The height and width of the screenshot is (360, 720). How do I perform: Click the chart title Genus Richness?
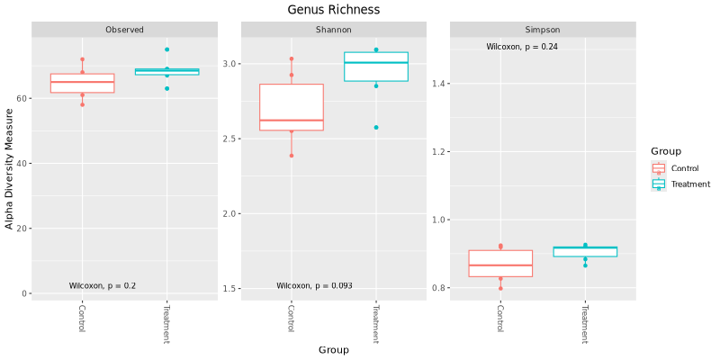coord(333,9)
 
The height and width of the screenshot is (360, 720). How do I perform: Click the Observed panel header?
coord(124,30)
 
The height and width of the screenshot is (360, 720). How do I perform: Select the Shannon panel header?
coord(333,30)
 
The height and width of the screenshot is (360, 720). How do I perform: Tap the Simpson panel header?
coord(543,30)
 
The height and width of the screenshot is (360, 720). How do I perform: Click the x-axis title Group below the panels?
coord(333,349)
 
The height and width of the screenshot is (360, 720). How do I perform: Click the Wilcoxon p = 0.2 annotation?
coord(103,286)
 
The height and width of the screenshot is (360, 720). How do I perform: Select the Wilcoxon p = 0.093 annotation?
coord(314,286)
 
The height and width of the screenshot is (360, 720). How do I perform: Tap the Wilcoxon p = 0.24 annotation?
coord(522,47)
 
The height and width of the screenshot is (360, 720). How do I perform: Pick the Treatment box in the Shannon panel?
coord(376,67)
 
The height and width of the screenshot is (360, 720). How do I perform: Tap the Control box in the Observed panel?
coord(82,84)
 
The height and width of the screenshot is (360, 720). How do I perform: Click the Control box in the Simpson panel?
coord(500,263)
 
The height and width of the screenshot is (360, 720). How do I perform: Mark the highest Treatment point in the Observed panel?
coord(166,49)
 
